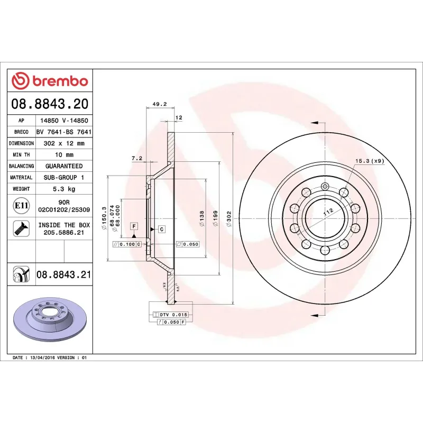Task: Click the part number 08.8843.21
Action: pos(64,274)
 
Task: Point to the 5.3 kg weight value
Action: pos(64,189)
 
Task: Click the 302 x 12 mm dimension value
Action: pos(64,143)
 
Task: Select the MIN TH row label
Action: pos(22,155)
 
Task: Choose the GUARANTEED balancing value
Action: pos(64,166)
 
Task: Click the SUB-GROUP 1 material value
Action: pos(64,178)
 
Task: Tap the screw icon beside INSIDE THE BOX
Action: pos(20,229)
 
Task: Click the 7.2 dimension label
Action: pos(137,158)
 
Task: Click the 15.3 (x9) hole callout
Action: pos(369,161)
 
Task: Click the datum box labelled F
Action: pos(134,226)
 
